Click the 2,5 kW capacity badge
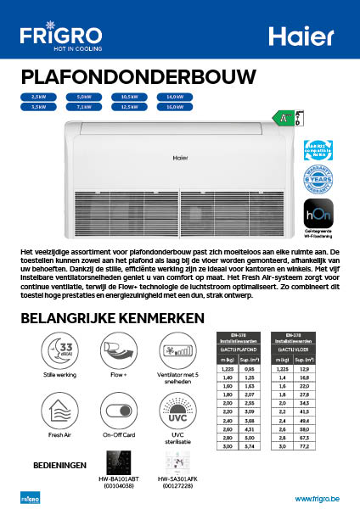click(37, 98)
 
